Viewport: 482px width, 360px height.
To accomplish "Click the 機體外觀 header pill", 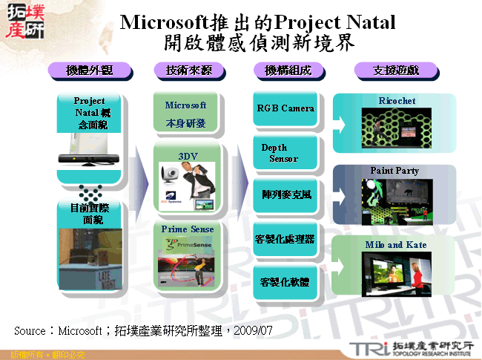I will (89, 71).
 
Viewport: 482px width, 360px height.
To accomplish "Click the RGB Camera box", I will (285, 108).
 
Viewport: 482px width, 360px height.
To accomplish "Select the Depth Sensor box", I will (285, 153).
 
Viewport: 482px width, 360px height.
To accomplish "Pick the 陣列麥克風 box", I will (285, 194).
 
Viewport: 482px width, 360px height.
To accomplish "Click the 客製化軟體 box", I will (285, 282).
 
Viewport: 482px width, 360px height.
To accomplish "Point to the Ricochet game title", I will (397, 101).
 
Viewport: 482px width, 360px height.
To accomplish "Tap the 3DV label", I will (188, 156).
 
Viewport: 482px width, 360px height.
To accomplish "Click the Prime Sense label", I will (188, 229).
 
